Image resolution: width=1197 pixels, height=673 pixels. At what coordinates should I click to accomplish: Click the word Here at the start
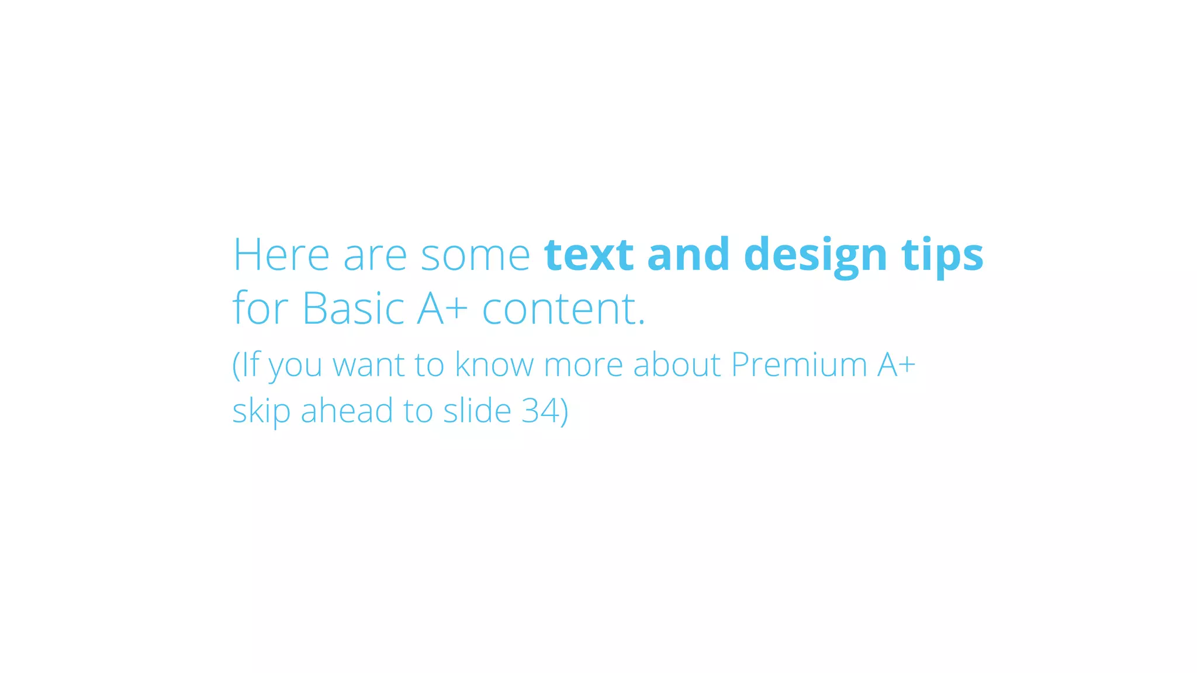[x=281, y=255]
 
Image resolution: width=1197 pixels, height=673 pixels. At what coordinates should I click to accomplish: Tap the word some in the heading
[x=475, y=256]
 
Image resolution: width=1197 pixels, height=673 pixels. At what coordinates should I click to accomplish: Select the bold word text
[x=589, y=255]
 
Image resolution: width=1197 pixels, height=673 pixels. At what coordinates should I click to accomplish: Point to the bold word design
[x=815, y=256]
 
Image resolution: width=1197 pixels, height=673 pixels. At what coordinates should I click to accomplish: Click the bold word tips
[x=942, y=256]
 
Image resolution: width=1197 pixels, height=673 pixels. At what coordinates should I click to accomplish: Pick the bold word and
[x=689, y=255]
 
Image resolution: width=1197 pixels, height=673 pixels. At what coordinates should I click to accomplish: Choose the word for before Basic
[x=260, y=307]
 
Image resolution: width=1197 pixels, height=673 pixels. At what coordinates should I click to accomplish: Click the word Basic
[x=353, y=308]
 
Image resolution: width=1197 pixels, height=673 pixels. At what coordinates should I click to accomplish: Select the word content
[x=563, y=308]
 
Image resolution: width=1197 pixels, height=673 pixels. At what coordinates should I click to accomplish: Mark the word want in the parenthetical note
[x=368, y=365]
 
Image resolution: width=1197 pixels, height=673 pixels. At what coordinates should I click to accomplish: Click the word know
[x=494, y=365]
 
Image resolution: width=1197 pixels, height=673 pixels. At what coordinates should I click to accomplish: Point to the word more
[x=583, y=366]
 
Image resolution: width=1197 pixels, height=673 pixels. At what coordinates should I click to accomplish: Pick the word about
[x=677, y=365]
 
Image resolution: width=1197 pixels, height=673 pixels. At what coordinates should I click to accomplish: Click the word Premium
[x=799, y=365]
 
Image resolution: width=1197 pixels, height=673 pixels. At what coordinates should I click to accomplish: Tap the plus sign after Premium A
[x=907, y=365]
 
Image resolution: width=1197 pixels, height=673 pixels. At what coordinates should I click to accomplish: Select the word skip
[x=261, y=411]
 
